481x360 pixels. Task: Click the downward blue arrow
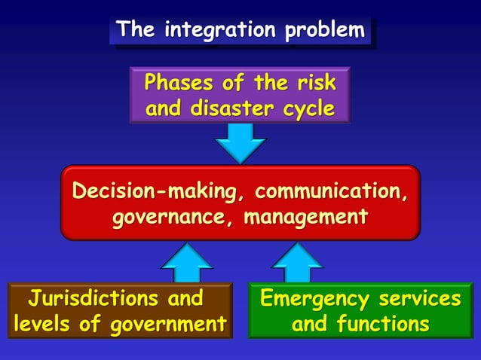coord(240,142)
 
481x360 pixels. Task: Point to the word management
coord(310,218)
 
